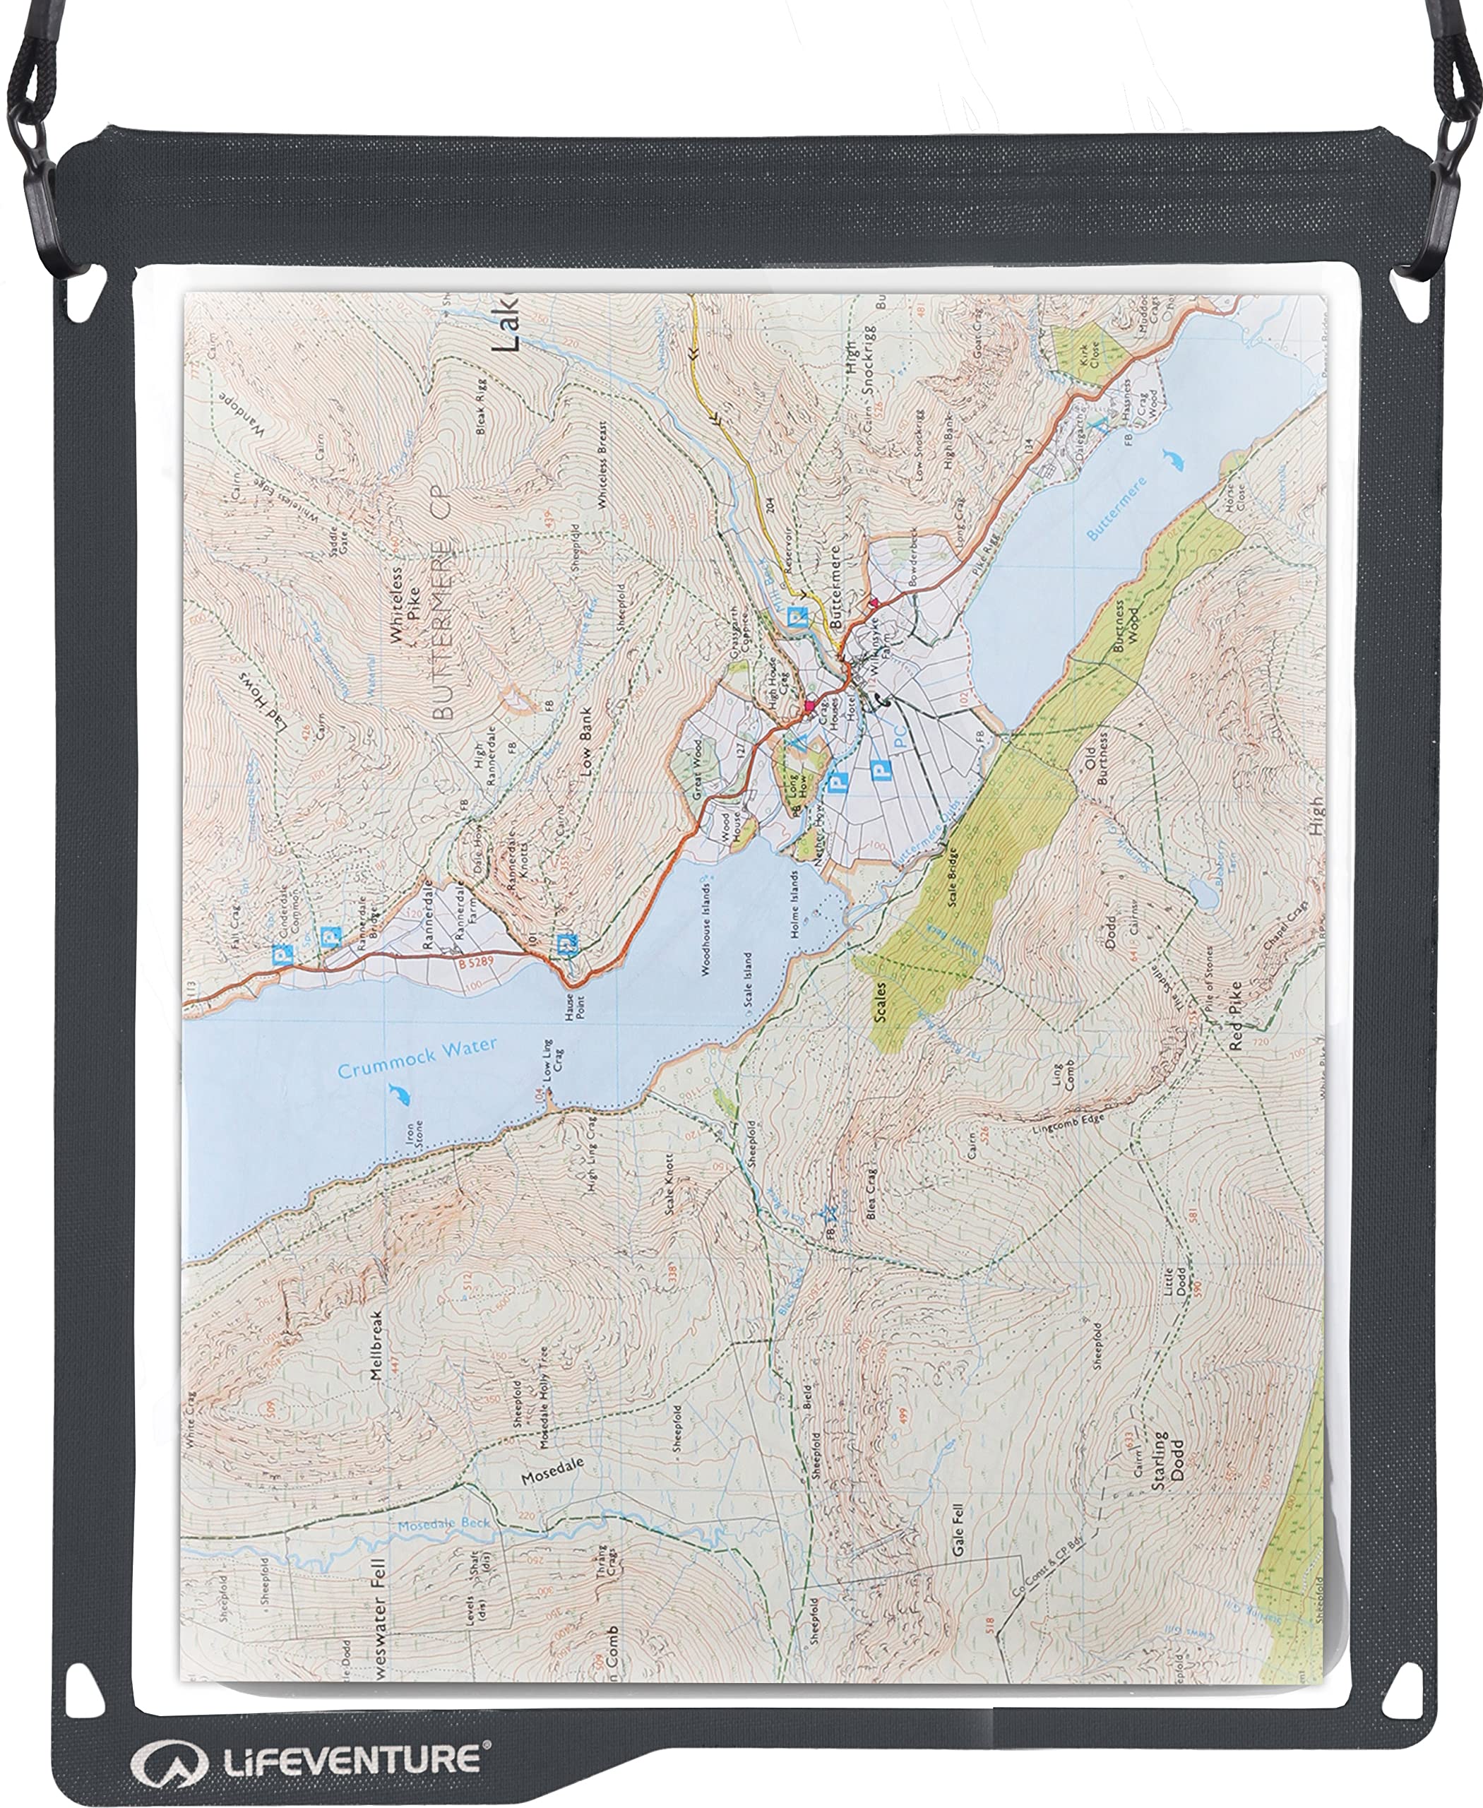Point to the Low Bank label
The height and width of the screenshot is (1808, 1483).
click(586, 752)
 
